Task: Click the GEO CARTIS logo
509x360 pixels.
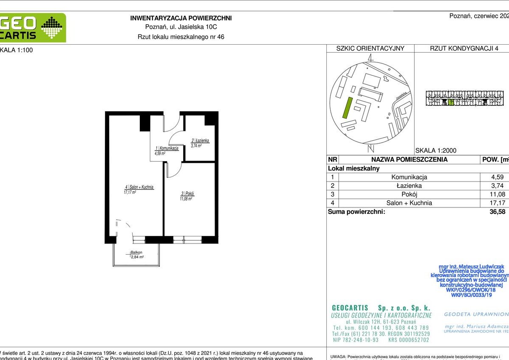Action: coord(32,28)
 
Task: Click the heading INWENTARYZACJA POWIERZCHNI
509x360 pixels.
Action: coord(181,18)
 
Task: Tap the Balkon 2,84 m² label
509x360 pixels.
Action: coord(137,255)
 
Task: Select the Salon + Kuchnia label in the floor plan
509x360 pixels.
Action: coord(139,189)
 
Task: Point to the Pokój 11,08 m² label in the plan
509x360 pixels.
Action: coord(187,196)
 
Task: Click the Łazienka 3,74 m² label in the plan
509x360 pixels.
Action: coord(200,143)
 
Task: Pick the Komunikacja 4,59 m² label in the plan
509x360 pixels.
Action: coord(166,150)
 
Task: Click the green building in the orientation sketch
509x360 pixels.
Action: coord(347,108)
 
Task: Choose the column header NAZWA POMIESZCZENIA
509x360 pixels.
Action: coord(409,160)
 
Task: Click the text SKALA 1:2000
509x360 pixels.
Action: coord(435,150)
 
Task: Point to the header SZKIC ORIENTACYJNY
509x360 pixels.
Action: coord(370,48)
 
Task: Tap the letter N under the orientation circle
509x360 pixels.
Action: coord(370,149)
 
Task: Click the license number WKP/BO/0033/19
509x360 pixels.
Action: coord(471,295)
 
